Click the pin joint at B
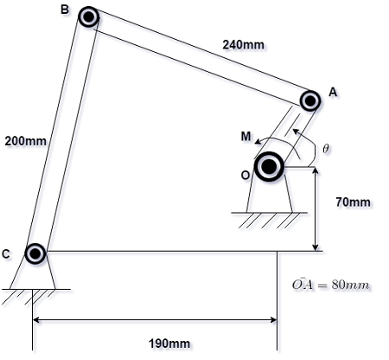pyautogui.click(x=88, y=16)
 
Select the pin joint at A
pyautogui.click(x=310, y=100)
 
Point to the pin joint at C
pyautogui.click(x=35, y=254)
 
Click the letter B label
pyautogui.click(x=64, y=10)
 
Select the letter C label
pyautogui.click(x=7, y=254)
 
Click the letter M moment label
pyautogui.click(x=246, y=136)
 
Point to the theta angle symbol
pyautogui.click(x=325, y=149)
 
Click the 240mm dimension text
pyautogui.click(x=243, y=44)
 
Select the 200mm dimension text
pyautogui.click(x=26, y=139)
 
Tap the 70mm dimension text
pyautogui.click(x=353, y=202)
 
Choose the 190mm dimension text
pyautogui.click(x=169, y=344)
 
